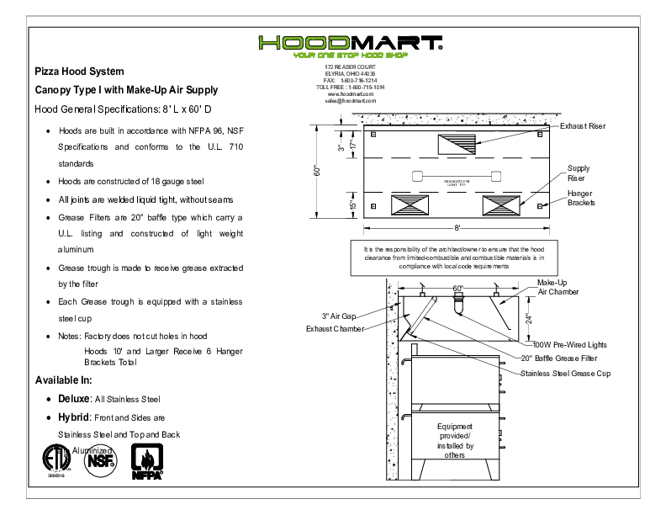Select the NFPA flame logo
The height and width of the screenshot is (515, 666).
147,462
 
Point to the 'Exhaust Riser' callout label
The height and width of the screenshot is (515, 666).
583,125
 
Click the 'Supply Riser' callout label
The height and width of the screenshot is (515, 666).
578,173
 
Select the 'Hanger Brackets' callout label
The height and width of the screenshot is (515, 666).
581,198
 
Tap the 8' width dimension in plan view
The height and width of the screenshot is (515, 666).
457,228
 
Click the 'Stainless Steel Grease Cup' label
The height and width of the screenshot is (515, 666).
565,373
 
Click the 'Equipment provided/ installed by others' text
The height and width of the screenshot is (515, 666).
455,440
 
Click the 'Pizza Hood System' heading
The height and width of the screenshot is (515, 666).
79,72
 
